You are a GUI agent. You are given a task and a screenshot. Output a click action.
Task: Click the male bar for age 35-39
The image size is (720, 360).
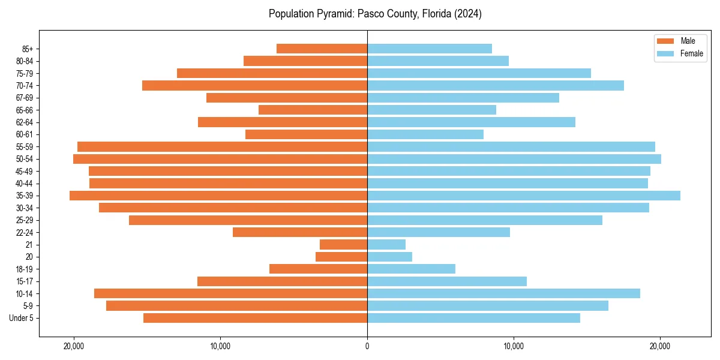[218, 196]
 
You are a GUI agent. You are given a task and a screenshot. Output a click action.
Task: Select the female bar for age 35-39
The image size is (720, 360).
[523, 196]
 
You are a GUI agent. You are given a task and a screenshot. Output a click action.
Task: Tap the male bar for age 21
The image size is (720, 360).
[343, 245]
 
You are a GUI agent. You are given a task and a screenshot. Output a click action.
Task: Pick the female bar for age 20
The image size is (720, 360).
[389, 257]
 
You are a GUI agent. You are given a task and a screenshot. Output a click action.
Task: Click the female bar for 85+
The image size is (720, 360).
[430, 49]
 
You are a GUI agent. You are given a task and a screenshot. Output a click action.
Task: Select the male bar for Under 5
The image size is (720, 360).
[255, 318]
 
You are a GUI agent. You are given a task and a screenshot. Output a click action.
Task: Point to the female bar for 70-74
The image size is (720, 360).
[496, 85]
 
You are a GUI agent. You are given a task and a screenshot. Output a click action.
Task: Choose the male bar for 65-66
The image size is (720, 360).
[313, 110]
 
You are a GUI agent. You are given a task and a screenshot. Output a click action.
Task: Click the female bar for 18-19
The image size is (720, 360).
[411, 269]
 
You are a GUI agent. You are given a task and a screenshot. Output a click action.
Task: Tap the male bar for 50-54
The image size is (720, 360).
[220, 159]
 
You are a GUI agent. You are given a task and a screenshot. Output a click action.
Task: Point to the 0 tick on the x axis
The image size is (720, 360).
[367, 346]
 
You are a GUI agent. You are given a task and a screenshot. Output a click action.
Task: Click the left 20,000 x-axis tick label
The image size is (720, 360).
[74, 346]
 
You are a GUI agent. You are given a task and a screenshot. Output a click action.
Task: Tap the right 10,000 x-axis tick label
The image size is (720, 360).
[514, 346]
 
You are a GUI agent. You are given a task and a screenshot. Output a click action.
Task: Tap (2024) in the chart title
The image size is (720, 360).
[467, 14]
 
